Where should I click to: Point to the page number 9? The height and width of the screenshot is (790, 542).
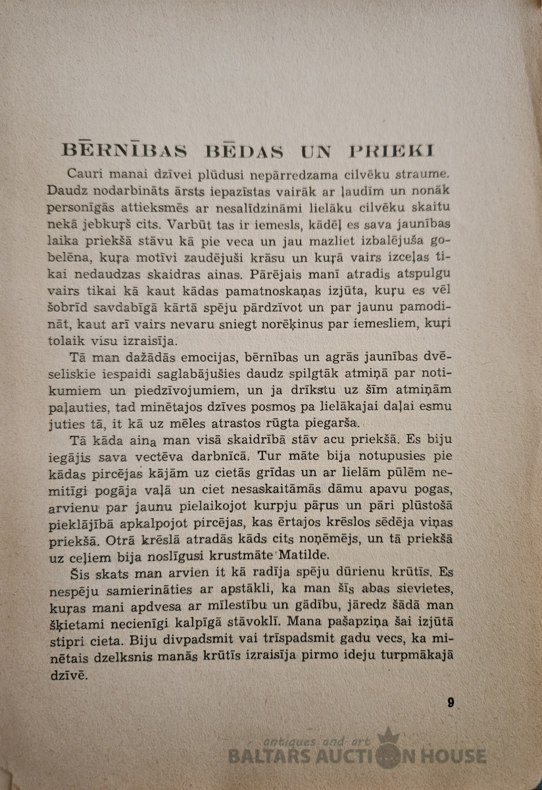coord(451,702)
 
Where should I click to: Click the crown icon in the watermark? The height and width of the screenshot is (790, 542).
coord(389,736)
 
